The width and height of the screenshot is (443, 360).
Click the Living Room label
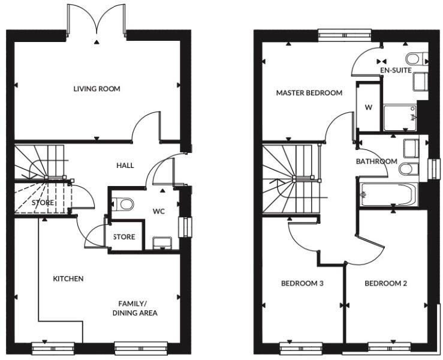(x=97, y=89)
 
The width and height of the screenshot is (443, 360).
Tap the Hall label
(x=125, y=166)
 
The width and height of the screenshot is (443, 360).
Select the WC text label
(x=159, y=211)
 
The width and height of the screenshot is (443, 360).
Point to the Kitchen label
(x=68, y=279)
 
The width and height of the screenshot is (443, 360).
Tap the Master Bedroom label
(x=309, y=93)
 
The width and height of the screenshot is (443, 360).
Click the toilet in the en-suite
(x=414, y=59)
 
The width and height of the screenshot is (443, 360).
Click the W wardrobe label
(x=367, y=108)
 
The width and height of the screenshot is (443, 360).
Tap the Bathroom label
(x=376, y=161)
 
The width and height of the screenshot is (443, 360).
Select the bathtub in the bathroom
(x=387, y=194)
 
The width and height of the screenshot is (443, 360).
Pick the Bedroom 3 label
(x=303, y=283)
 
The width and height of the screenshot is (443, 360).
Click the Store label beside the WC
(x=124, y=237)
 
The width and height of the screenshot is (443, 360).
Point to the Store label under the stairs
(x=43, y=203)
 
